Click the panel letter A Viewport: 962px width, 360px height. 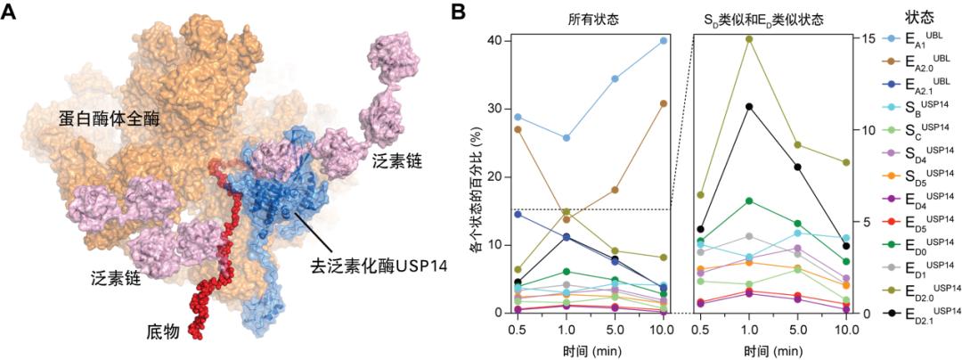tap(12, 12)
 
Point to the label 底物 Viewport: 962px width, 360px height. tap(162, 332)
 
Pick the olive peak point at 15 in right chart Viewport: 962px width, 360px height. tap(748, 38)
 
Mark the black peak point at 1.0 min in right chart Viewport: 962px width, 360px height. tap(748, 106)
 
